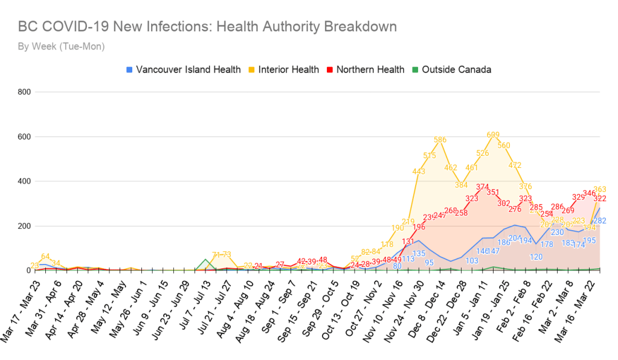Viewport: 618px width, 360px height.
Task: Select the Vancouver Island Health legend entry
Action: coord(183,69)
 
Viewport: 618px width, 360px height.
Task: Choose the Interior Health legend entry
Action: coord(283,69)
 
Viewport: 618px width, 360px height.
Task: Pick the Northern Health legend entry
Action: coord(364,69)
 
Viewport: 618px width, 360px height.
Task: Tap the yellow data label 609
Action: coord(493,135)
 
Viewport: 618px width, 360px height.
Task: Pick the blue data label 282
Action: coord(600,221)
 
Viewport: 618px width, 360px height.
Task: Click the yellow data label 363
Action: coord(600,190)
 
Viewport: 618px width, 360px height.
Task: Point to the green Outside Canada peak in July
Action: coord(206,260)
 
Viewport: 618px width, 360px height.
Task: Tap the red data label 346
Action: coord(589,193)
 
